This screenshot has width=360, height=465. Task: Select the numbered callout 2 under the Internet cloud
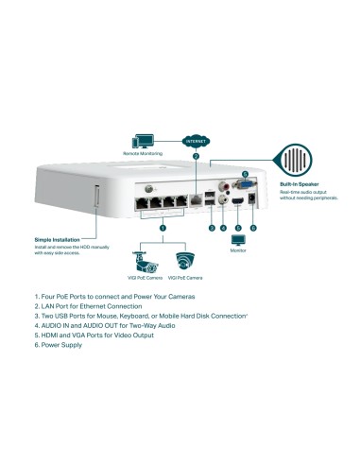[196, 156]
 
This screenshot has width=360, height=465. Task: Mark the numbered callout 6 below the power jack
[253, 228]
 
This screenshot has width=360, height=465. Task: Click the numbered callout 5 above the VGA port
[244, 175]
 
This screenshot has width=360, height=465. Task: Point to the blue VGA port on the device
[242, 187]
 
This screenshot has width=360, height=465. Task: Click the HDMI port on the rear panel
[238, 204]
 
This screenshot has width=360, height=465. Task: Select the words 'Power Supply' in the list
[62, 345]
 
